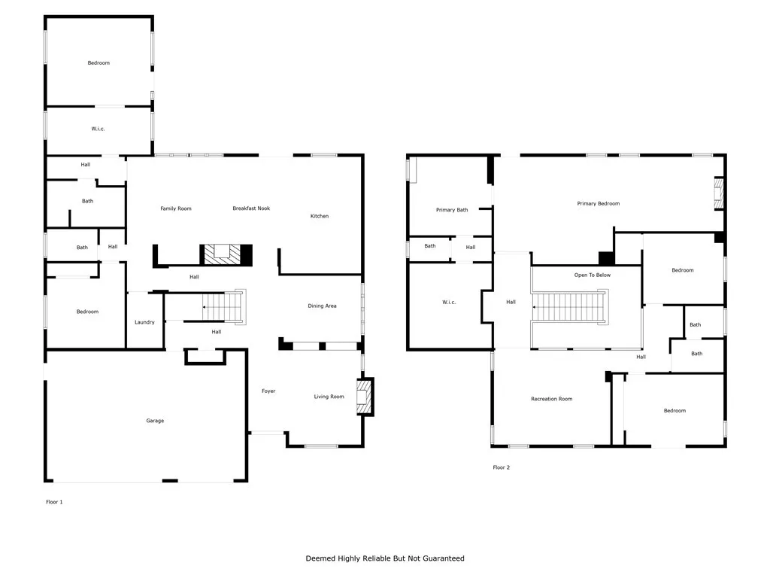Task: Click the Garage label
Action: pyautogui.click(x=155, y=421)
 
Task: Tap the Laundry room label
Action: pyautogui.click(x=144, y=322)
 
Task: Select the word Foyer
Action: pyautogui.click(x=268, y=391)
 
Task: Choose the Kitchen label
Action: pyautogui.click(x=320, y=216)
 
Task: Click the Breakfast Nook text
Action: pyautogui.click(x=251, y=208)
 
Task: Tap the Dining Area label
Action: pyautogui.click(x=322, y=306)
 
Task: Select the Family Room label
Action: pyautogui.click(x=176, y=208)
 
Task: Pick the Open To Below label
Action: pyautogui.click(x=593, y=275)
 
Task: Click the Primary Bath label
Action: pyautogui.click(x=452, y=210)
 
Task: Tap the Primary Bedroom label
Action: pyautogui.click(x=599, y=204)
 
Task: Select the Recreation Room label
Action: pyautogui.click(x=551, y=399)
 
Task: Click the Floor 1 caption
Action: pyautogui.click(x=54, y=501)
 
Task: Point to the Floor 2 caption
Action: pyautogui.click(x=501, y=467)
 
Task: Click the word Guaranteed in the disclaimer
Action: pyautogui.click(x=443, y=558)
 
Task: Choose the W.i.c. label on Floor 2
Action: pyautogui.click(x=448, y=303)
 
